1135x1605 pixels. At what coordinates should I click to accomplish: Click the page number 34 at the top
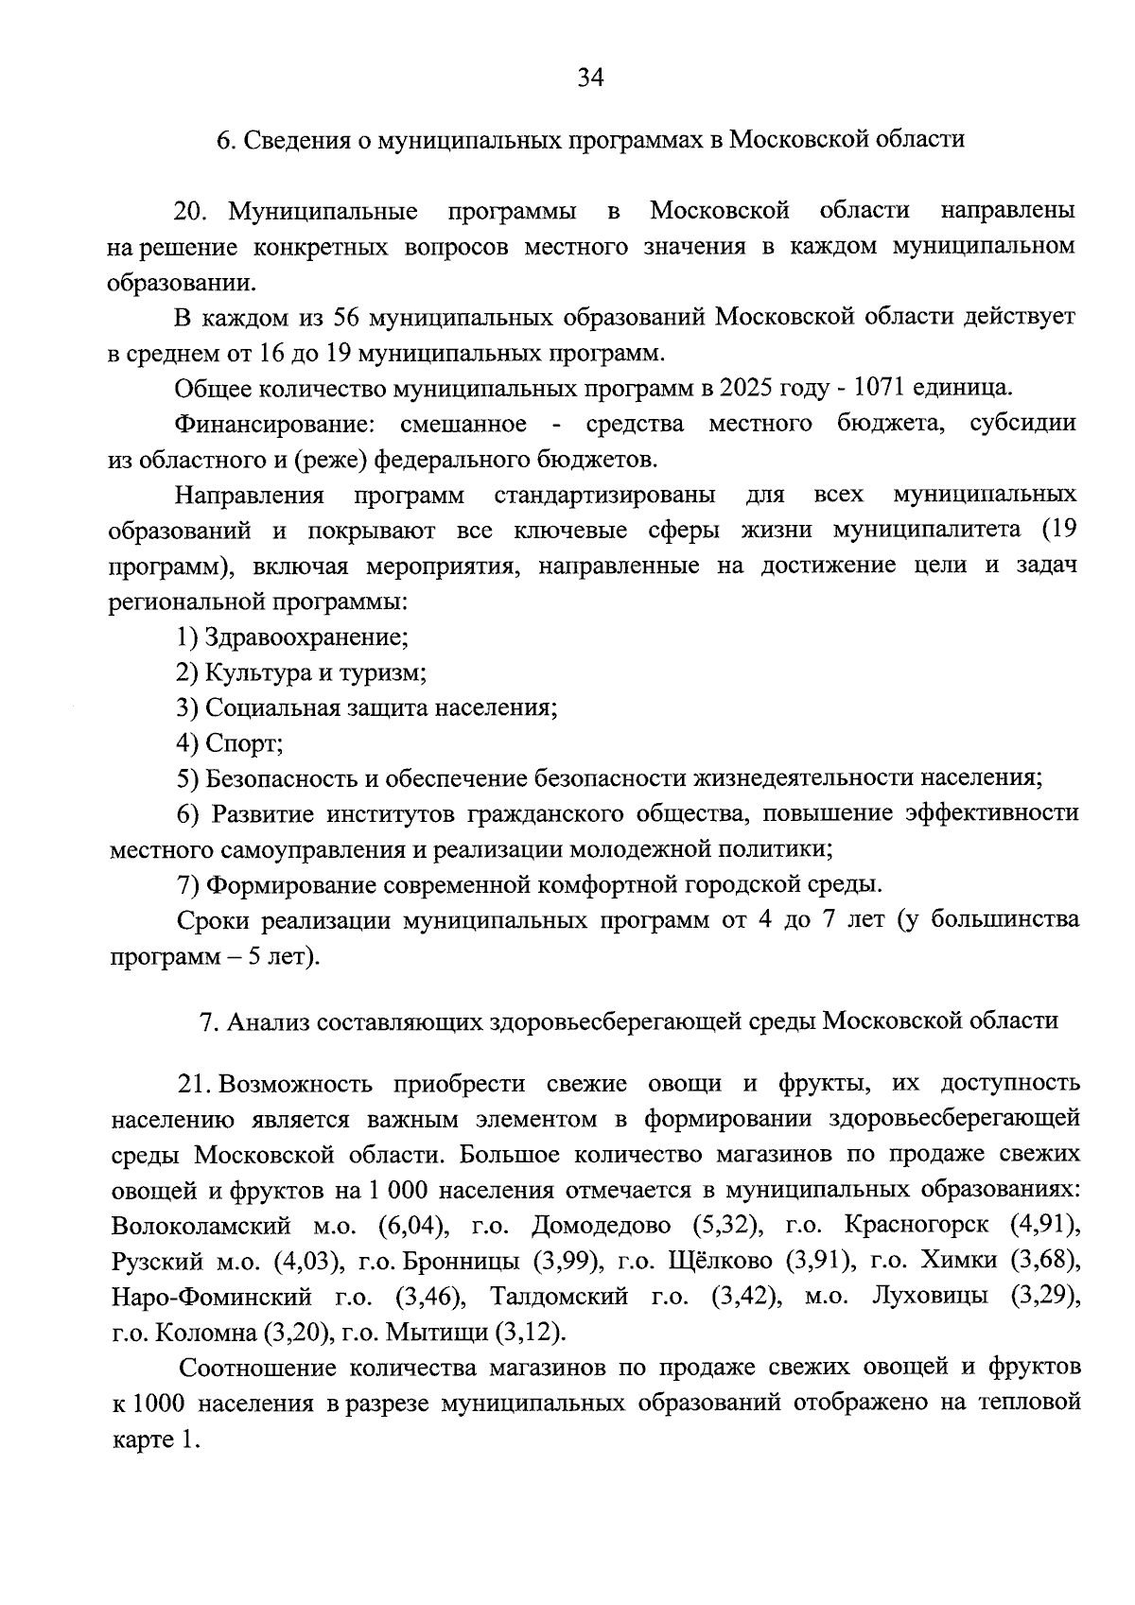pyautogui.click(x=590, y=78)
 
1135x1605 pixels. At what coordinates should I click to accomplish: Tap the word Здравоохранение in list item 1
pyautogui.click(x=306, y=637)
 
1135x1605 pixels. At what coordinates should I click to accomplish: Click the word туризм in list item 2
pyautogui.click(x=384, y=672)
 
